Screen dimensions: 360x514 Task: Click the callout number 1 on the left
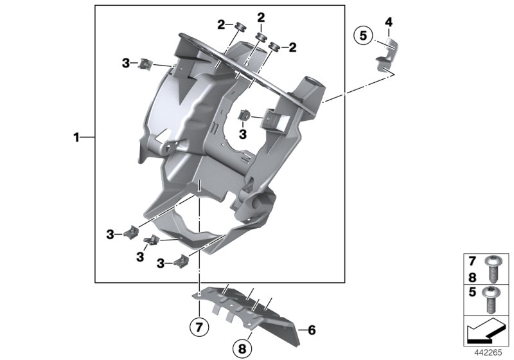[x=76, y=137]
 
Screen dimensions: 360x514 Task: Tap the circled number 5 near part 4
[x=363, y=36]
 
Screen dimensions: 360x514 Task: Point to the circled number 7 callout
[x=200, y=327]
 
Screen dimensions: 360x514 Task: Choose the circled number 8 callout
[x=242, y=349]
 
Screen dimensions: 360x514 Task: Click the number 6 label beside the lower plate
[x=312, y=330]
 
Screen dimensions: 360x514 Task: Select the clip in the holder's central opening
[x=245, y=116]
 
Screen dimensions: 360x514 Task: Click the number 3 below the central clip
[x=242, y=134]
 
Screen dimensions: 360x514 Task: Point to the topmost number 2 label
[x=261, y=17]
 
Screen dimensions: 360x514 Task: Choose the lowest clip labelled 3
[x=182, y=260]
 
